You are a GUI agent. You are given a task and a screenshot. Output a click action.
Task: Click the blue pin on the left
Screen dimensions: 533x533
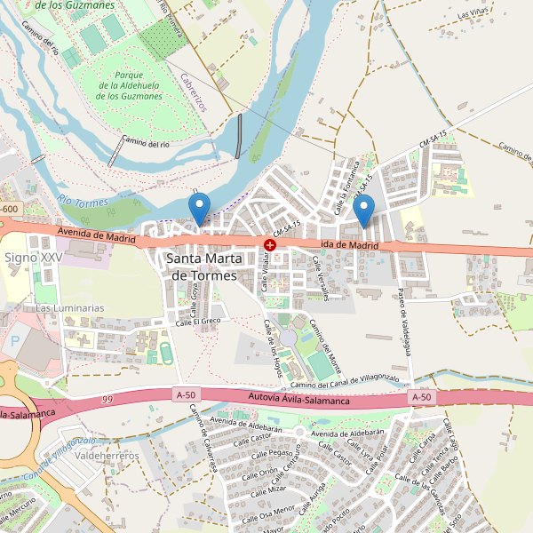(200, 209)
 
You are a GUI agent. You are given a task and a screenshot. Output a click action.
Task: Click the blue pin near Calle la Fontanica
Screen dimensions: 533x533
(362, 210)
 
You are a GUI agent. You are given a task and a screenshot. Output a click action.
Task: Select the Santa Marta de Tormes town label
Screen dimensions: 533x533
(202, 267)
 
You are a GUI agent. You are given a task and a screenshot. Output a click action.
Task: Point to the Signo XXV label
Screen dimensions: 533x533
(34, 258)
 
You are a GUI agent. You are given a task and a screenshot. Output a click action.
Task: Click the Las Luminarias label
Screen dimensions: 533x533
(69, 308)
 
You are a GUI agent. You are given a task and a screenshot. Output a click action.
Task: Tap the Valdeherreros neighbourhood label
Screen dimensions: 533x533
(107, 456)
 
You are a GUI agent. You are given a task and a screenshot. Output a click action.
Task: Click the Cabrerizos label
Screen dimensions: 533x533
(193, 92)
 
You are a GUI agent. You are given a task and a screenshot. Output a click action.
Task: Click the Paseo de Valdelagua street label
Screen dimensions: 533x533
(404, 321)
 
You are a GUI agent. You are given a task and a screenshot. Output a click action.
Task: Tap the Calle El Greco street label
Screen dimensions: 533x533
(197, 322)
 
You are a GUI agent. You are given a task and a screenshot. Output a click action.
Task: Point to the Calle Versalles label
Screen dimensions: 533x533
(320, 278)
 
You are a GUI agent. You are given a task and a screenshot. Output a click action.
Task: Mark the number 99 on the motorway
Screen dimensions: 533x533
(107, 401)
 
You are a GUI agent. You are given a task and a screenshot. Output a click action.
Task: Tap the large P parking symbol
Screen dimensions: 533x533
(15, 341)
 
